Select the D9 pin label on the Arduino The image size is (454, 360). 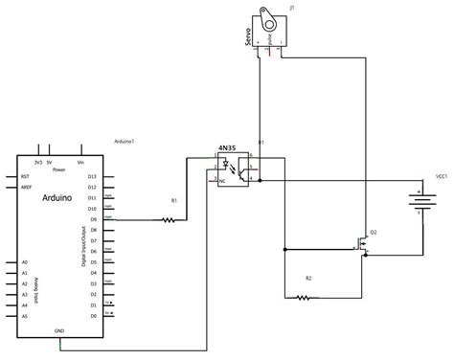92,208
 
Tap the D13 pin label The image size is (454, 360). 92,176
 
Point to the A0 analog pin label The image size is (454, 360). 26,261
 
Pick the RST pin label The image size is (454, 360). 26,176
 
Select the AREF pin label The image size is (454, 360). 27,188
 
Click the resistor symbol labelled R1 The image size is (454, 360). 169,219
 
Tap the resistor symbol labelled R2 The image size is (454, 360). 304,298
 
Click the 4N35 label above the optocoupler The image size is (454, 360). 227,148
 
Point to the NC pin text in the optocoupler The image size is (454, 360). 224,179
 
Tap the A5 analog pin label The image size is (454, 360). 26,315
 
